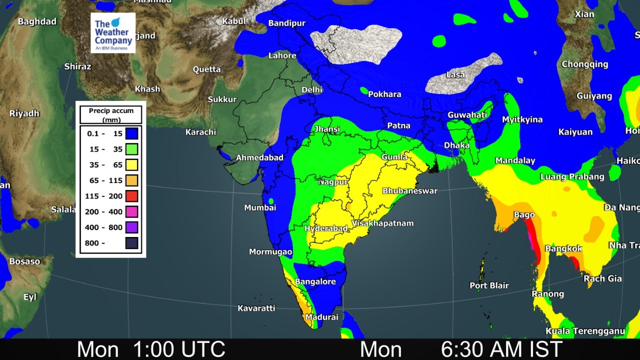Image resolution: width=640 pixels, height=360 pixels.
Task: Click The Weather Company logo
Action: click(x=113, y=32)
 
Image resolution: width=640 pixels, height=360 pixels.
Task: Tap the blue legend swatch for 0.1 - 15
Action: click(x=132, y=133)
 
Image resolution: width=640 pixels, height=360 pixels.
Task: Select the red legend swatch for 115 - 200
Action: click(x=132, y=196)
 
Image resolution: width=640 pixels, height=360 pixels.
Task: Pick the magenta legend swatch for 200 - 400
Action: click(x=132, y=212)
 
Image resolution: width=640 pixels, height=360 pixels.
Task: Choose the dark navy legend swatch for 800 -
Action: click(x=132, y=243)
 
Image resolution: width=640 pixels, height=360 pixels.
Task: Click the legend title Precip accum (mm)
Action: click(x=111, y=115)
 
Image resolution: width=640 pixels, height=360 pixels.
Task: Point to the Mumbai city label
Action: click(x=260, y=207)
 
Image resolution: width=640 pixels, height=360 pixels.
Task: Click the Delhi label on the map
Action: click(x=311, y=90)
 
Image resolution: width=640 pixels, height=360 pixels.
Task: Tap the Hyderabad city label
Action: click(x=326, y=228)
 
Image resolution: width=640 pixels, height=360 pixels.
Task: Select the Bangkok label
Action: click(x=563, y=248)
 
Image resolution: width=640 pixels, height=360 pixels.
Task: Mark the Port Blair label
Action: click(x=489, y=285)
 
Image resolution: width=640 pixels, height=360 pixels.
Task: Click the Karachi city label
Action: click(x=200, y=132)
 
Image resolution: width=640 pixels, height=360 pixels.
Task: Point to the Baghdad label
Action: click(x=37, y=21)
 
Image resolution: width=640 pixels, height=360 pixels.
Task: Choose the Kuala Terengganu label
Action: click(x=585, y=331)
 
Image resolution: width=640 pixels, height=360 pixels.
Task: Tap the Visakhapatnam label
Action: click(x=382, y=223)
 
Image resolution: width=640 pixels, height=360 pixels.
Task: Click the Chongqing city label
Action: click(x=584, y=64)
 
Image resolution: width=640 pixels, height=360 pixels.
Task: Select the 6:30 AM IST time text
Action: click(x=501, y=349)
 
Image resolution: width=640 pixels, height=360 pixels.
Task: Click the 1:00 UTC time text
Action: click(x=179, y=349)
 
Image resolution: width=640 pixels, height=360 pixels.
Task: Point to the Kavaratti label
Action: click(x=256, y=308)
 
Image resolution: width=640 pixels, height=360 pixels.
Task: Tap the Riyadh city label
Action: click(x=24, y=113)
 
